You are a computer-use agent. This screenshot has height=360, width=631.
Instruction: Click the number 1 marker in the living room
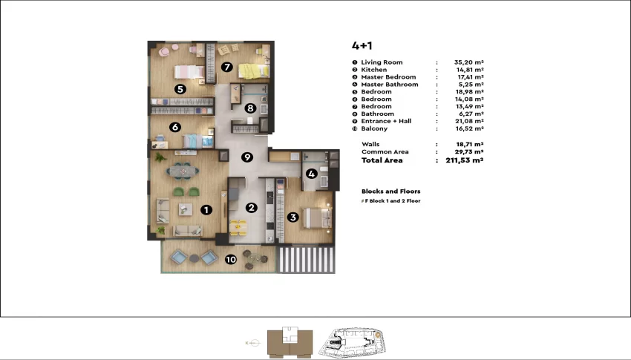click(206, 209)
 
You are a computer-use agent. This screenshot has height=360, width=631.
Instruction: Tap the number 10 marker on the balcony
click(231, 260)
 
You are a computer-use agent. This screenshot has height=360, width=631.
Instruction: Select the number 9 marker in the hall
click(247, 157)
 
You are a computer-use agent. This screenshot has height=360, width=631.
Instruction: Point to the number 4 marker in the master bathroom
click(311, 174)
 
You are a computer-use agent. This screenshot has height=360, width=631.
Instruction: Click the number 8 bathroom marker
click(250, 108)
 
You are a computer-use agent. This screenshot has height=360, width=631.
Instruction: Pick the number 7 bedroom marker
click(227, 67)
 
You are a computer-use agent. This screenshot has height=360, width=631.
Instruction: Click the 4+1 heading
click(362, 46)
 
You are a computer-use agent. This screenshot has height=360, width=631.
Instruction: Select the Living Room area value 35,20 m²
click(469, 62)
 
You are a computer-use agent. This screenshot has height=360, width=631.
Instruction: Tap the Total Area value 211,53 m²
click(465, 160)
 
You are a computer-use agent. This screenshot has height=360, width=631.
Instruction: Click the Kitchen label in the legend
click(374, 70)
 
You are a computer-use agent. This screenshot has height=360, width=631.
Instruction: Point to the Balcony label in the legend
click(374, 128)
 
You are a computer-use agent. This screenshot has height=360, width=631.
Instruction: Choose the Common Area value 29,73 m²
click(470, 151)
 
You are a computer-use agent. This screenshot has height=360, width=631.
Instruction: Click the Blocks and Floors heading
click(390, 192)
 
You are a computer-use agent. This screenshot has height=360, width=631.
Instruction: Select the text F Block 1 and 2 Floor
click(393, 200)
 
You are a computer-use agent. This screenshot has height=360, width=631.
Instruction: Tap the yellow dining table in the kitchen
click(238, 227)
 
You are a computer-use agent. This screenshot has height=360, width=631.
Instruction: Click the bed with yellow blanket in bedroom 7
click(254, 71)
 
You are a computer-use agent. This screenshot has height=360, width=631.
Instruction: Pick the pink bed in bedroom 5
click(189, 72)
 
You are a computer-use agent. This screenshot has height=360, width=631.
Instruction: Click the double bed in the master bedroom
click(317, 217)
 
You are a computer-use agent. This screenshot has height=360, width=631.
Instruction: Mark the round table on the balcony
click(252, 258)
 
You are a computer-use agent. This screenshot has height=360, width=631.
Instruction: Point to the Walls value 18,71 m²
click(470, 144)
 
